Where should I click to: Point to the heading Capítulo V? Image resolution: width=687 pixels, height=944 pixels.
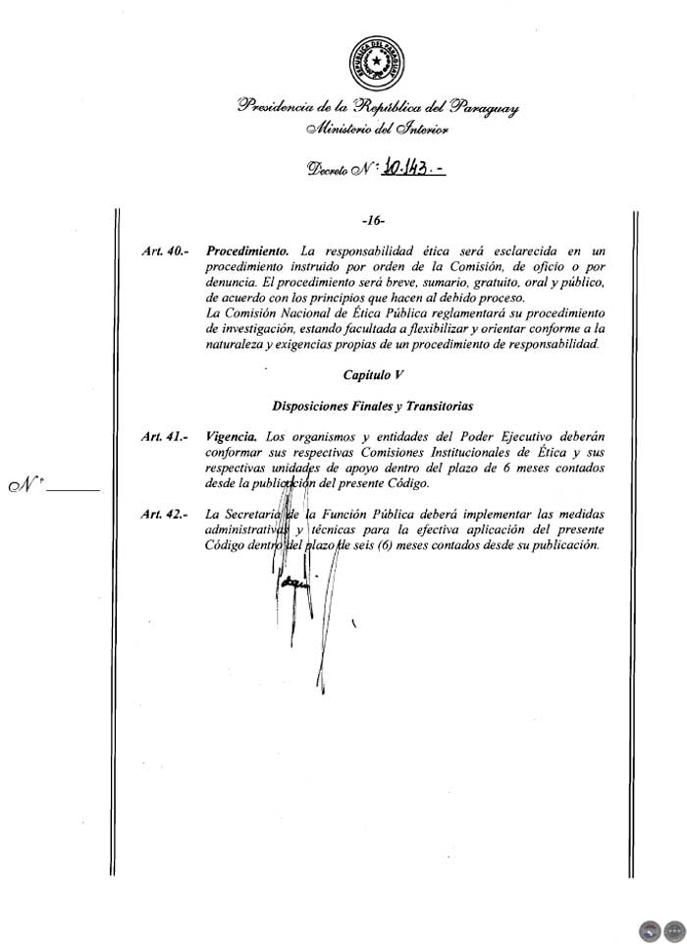click(x=375, y=376)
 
